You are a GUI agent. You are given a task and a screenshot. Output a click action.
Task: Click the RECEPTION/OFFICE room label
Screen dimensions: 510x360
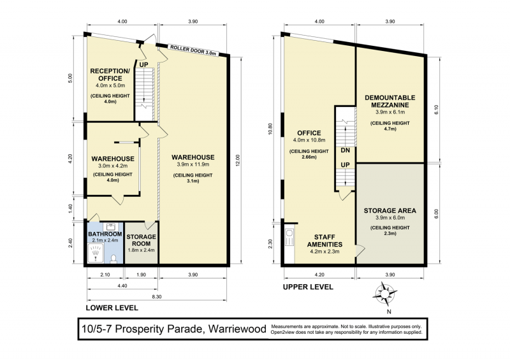[110, 75]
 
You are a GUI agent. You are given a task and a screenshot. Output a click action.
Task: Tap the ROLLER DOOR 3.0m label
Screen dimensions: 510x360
[193, 50]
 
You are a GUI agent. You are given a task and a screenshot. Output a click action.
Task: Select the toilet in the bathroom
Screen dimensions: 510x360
[113, 259]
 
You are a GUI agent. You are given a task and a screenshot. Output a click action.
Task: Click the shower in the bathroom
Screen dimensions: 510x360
[96, 253]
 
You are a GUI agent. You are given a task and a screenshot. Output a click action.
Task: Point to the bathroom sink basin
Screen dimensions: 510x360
[111, 226]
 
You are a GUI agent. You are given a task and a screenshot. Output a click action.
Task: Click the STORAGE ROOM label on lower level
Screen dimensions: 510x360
[141, 240]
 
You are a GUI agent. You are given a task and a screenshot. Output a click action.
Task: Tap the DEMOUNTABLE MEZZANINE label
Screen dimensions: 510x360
[390, 101]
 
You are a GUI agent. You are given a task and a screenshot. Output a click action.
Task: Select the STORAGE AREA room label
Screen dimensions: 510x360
[390, 210]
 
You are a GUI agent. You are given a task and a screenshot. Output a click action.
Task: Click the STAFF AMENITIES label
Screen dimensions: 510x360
[324, 241]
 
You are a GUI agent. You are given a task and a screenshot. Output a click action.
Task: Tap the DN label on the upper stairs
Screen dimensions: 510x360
[346, 150]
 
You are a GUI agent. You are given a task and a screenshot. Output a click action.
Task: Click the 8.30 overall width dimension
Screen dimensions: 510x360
[157, 296]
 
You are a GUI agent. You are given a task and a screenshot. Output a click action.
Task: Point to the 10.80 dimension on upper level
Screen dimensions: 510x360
[270, 129]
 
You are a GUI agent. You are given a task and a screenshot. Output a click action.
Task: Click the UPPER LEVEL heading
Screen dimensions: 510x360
[308, 287]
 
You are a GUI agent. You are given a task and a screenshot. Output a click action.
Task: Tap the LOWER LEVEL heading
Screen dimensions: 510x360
[112, 308]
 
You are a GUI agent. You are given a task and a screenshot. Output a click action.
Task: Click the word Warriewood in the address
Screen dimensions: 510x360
[237, 329]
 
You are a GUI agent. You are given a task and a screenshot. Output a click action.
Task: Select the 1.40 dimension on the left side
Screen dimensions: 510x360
[71, 208]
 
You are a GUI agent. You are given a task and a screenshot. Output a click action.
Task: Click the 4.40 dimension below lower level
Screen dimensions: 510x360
[122, 285]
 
